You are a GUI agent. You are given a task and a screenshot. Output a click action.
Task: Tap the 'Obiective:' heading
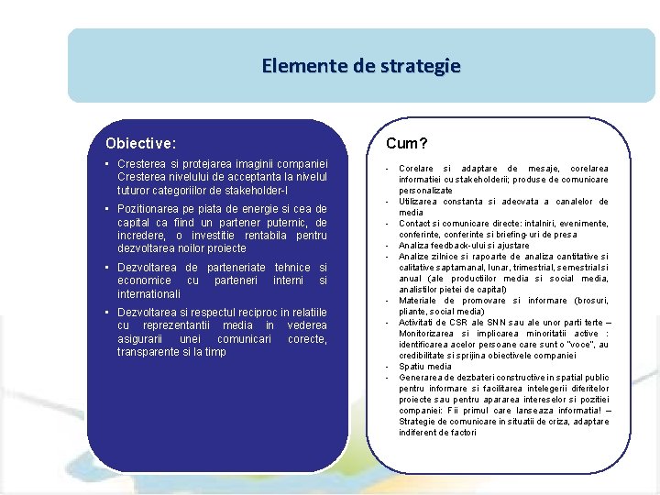click(141, 143)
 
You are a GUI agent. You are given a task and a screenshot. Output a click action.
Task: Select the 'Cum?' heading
click(407, 143)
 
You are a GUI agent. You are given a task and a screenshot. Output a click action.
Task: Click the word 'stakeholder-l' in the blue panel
click(256, 190)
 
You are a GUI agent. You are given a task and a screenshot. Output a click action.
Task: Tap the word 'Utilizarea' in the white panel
click(420, 202)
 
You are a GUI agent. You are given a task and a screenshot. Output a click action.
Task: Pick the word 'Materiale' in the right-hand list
click(418, 301)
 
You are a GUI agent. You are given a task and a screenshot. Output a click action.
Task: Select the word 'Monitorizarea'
click(428, 334)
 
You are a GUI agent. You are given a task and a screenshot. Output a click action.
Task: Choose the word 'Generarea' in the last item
click(421, 378)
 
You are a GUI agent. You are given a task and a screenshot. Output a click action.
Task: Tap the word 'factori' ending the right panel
click(462, 433)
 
